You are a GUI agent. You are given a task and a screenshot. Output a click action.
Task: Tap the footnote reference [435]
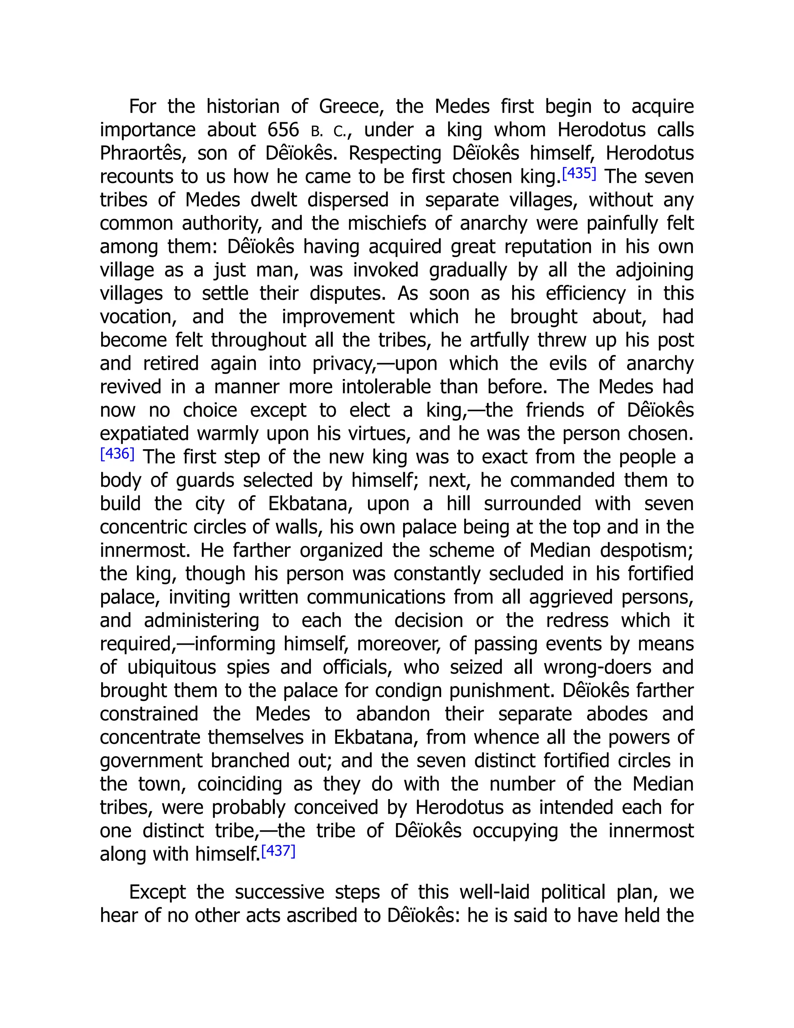tap(579, 174)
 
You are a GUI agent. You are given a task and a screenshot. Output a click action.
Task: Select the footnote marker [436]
tap(117, 454)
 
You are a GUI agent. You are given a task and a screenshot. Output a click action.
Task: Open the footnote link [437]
tap(278, 851)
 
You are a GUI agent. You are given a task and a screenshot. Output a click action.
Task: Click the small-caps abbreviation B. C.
tap(328, 131)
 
